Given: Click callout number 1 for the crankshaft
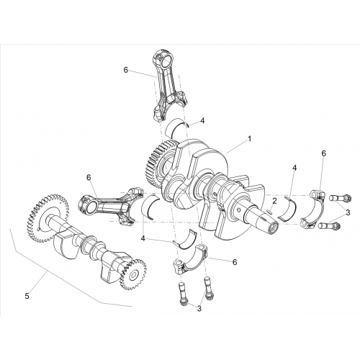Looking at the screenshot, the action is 249,139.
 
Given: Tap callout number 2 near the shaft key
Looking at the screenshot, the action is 274,201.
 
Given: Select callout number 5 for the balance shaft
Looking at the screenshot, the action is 27,296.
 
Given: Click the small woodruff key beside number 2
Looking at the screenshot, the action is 269,212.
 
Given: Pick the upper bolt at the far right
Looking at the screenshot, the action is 340,198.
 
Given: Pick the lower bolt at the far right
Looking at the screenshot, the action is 328,226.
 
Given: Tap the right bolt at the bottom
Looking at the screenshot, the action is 207,288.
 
